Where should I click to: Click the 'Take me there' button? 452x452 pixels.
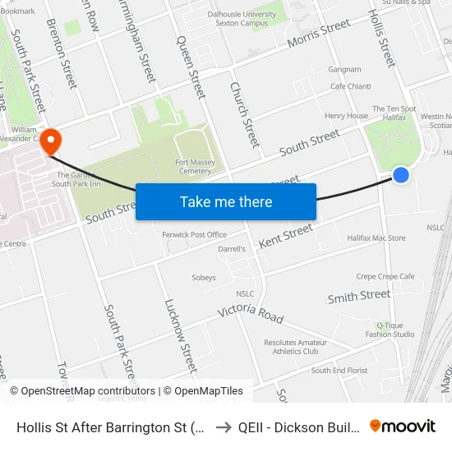pyautogui.click(x=226, y=201)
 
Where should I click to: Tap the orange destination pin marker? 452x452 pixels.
pyautogui.click(x=51, y=141)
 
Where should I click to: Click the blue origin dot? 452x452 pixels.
pyautogui.click(x=401, y=174)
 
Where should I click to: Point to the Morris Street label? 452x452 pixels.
pyautogui.click(x=319, y=36)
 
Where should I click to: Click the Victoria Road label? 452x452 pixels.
pyautogui.click(x=251, y=313)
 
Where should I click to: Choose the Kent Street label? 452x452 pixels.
pyautogui.click(x=285, y=236)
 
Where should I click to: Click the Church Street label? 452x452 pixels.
pyautogui.click(x=244, y=114)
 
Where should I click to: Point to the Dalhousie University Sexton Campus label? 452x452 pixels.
pyautogui.click(x=242, y=18)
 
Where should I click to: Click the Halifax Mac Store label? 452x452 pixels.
pyautogui.click(x=376, y=238)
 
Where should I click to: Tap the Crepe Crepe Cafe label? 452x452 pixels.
pyautogui.click(x=385, y=277)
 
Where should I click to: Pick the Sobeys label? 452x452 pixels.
pyautogui.click(x=204, y=278)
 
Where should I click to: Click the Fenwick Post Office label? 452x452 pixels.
pyautogui.click(x=195, y=234)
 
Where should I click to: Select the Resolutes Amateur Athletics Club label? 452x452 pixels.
pyautogui.click(x=291, y=347)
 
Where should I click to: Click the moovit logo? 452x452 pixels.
pyautogui.click(x=403, y=426)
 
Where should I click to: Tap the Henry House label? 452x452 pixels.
pyautogui.click(x=346, y=116)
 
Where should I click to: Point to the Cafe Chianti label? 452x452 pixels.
pyautogui.click(x=350, y=86)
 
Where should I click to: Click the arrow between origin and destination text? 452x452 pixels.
pyautogui.click(x=224, y=427)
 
